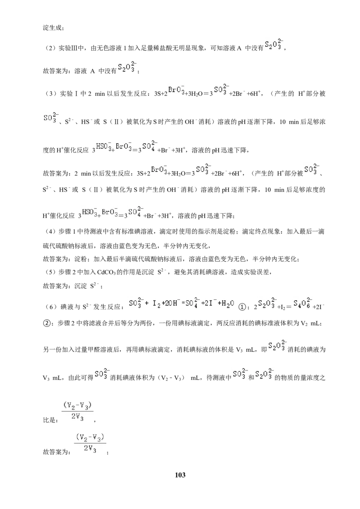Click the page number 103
pyautogui.click(x=180, y=475)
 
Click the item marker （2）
pyautogui.click(x=50, y=49)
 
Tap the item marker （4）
pyautogui.click(x=50, y=232)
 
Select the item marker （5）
pyautogui.click(x=50, y=272)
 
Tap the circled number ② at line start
pyautogui.click(x=47, y=323)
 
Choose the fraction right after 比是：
pyautogui.click(x=77, y=411)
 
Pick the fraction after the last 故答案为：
pyautogui.click(x=90, y=443)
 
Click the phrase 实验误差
pyautogui.click(x=256, y=272)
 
